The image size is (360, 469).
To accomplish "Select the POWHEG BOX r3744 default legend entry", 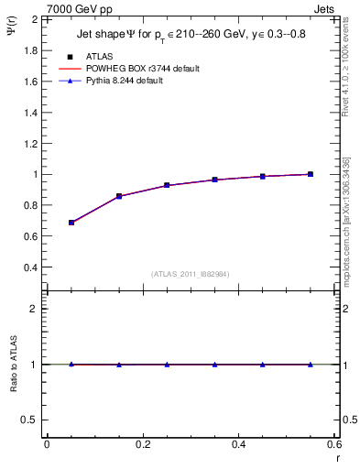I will tap(141, 69).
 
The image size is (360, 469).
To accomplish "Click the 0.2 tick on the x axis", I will tap(142, 445).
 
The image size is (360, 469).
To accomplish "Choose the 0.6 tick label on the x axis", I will tap(333, 445).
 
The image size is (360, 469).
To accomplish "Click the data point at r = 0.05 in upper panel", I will tap(71, 223).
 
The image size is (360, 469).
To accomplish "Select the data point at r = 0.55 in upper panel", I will tap(311, 174).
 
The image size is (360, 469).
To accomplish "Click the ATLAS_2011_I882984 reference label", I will tap(191, 274).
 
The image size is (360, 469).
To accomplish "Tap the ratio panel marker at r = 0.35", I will tap(214, 365).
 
